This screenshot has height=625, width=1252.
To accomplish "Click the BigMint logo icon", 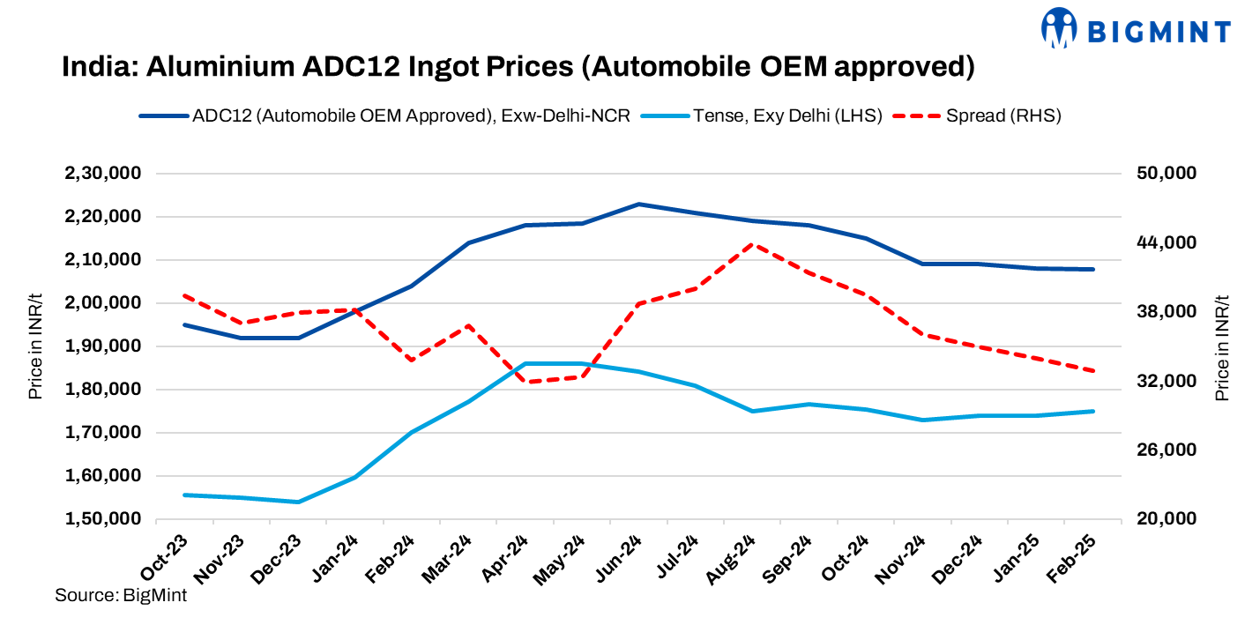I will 1060,28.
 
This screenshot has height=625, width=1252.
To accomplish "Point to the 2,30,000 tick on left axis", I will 103,174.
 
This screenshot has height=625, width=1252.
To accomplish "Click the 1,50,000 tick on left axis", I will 103,519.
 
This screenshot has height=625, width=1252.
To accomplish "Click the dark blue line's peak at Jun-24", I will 638,204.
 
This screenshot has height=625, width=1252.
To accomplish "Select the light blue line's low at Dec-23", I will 298,502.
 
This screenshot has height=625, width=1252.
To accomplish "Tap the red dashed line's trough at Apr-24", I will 525,382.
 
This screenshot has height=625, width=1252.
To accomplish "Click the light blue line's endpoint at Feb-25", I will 1093,411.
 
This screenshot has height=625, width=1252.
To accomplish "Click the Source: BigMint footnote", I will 121,595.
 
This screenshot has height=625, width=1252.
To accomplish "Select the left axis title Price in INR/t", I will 35,346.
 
